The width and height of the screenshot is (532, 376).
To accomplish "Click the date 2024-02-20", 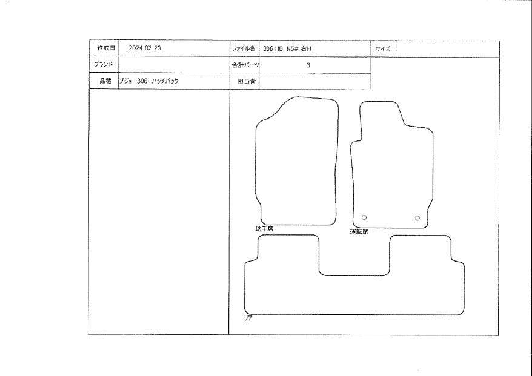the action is coord(145,48).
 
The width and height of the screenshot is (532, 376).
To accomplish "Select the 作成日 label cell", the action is coord(104,48).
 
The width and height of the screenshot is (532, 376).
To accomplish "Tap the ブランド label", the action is coord(103,64).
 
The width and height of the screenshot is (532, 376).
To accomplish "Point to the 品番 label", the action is coord(105,81).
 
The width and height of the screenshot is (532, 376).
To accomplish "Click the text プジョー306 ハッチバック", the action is coord(148,81).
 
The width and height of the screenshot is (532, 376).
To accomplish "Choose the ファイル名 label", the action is coord(244,48).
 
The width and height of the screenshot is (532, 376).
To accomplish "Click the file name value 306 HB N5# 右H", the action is coord(287,48).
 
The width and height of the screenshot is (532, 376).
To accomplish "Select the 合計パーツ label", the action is coord(245,65).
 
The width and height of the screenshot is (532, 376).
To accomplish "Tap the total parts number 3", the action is coord(308,65).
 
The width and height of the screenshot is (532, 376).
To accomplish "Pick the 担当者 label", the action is coord(247,81).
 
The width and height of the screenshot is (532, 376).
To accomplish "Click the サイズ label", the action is coord(383,49).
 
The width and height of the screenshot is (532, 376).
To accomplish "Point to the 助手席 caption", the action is coord(264,229).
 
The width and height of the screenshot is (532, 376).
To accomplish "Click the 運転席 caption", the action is coord(359,232).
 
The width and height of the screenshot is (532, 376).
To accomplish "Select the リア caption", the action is coord(248,318).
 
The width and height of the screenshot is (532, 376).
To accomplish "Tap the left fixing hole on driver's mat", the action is coord(364,217).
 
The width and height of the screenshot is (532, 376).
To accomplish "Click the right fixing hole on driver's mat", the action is coord(417,218).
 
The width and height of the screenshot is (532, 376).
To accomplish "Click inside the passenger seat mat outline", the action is coord(297,163).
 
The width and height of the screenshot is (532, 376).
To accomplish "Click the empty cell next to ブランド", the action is coord(174,64).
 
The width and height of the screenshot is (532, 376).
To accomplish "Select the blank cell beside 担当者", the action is coord(314,82).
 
